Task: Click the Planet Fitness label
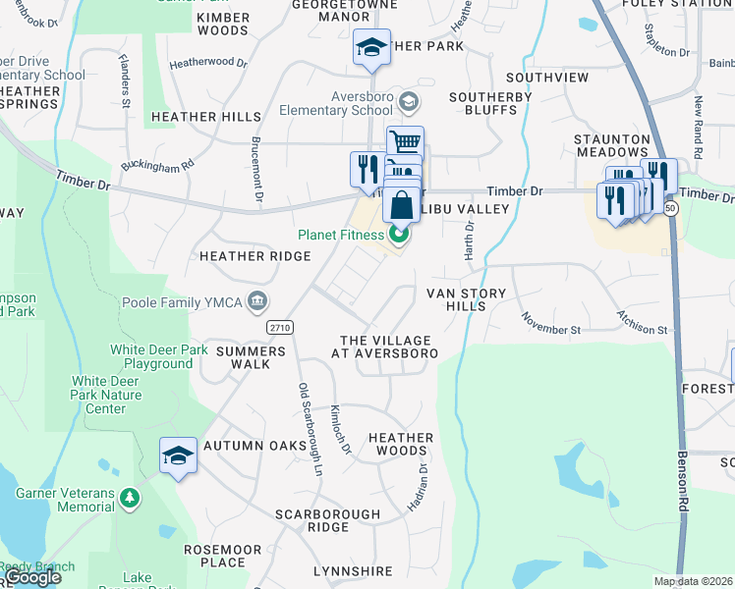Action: pyautogui.click(x=341, y=235)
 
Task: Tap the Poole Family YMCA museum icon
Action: pyautogui.click(x=257, y=299)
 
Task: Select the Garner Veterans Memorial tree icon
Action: pyautogui.click(x=129, y=500)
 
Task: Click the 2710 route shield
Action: pyautogui.click(x=280, y=326)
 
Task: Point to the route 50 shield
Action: pyautogui.click(x=670, y=209)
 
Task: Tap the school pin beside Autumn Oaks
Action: pyautogui.click(x=178, y=456)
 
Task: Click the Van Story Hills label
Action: pyautogui.click(x=466, y=299)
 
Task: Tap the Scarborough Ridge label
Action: pyautogui.click(x=327, y=520)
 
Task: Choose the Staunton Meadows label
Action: pyautogui.click(x=612, y=145)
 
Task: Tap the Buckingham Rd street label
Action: pyautogui.click(x=157, y=167)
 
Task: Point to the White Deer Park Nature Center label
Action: pyautogui.click(x=106, y=396)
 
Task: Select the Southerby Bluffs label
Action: pyautogui.click(x=490, y=103)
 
